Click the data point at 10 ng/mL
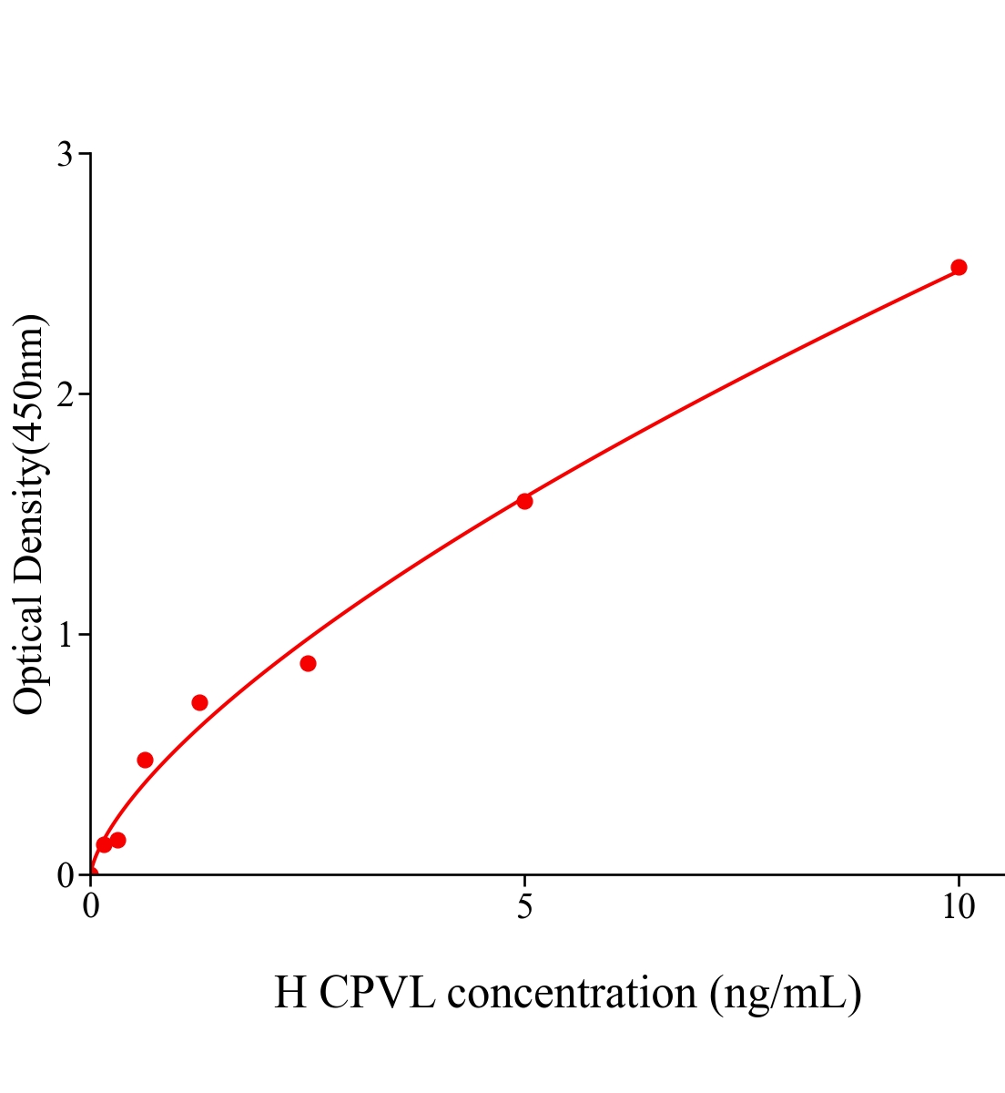pos(958,267)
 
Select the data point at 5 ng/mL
pos(524,501)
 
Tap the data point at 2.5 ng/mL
pos(308,663)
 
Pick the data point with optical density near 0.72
pos(199,702)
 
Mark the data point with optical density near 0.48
pos(145,760)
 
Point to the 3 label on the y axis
pos(65,155)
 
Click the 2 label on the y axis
pos(65,394)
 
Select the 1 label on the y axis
pos(65,635)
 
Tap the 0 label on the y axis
pos(65,875)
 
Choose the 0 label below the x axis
pos(91,907)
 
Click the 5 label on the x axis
pos(524,907)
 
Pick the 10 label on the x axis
pos(958,907)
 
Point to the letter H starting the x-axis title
pos(290,993)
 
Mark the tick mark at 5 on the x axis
pos(524,880)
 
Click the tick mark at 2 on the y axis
pos(85,394)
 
